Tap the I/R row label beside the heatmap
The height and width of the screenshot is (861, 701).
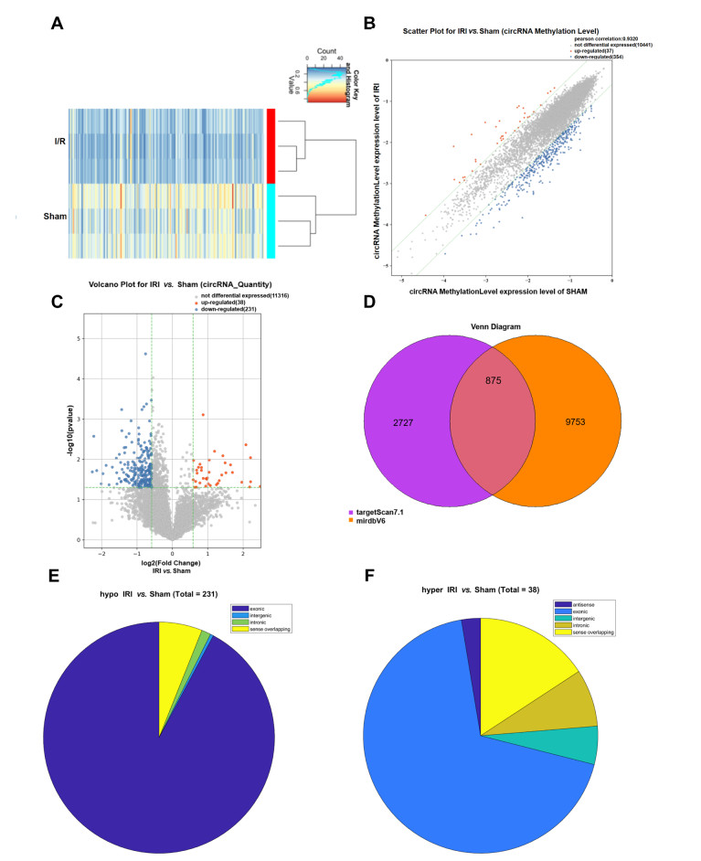pos(37,143)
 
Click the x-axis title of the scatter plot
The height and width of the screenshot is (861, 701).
pos(498,291)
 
